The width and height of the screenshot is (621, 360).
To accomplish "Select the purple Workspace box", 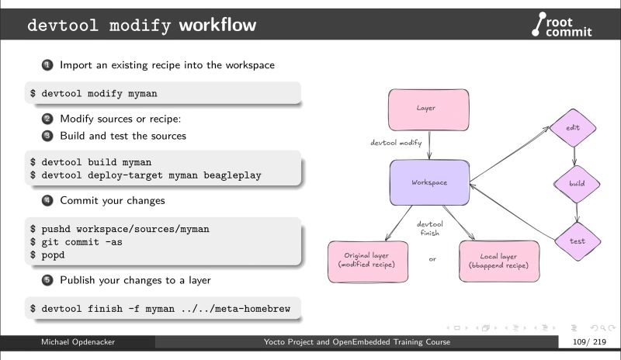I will [x=429, y=183].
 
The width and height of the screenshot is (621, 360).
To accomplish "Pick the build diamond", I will [x=576, y=184].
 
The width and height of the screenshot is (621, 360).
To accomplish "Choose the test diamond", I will [x=578, y=241].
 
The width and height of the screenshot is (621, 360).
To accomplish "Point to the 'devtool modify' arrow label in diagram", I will [x=396, y=144].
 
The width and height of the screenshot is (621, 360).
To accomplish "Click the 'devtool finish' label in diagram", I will [x=429, y=227].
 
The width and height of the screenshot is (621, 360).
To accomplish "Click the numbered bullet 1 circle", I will [x=47, y=65].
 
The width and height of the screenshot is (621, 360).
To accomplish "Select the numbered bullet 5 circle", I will [x=47, y=280].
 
